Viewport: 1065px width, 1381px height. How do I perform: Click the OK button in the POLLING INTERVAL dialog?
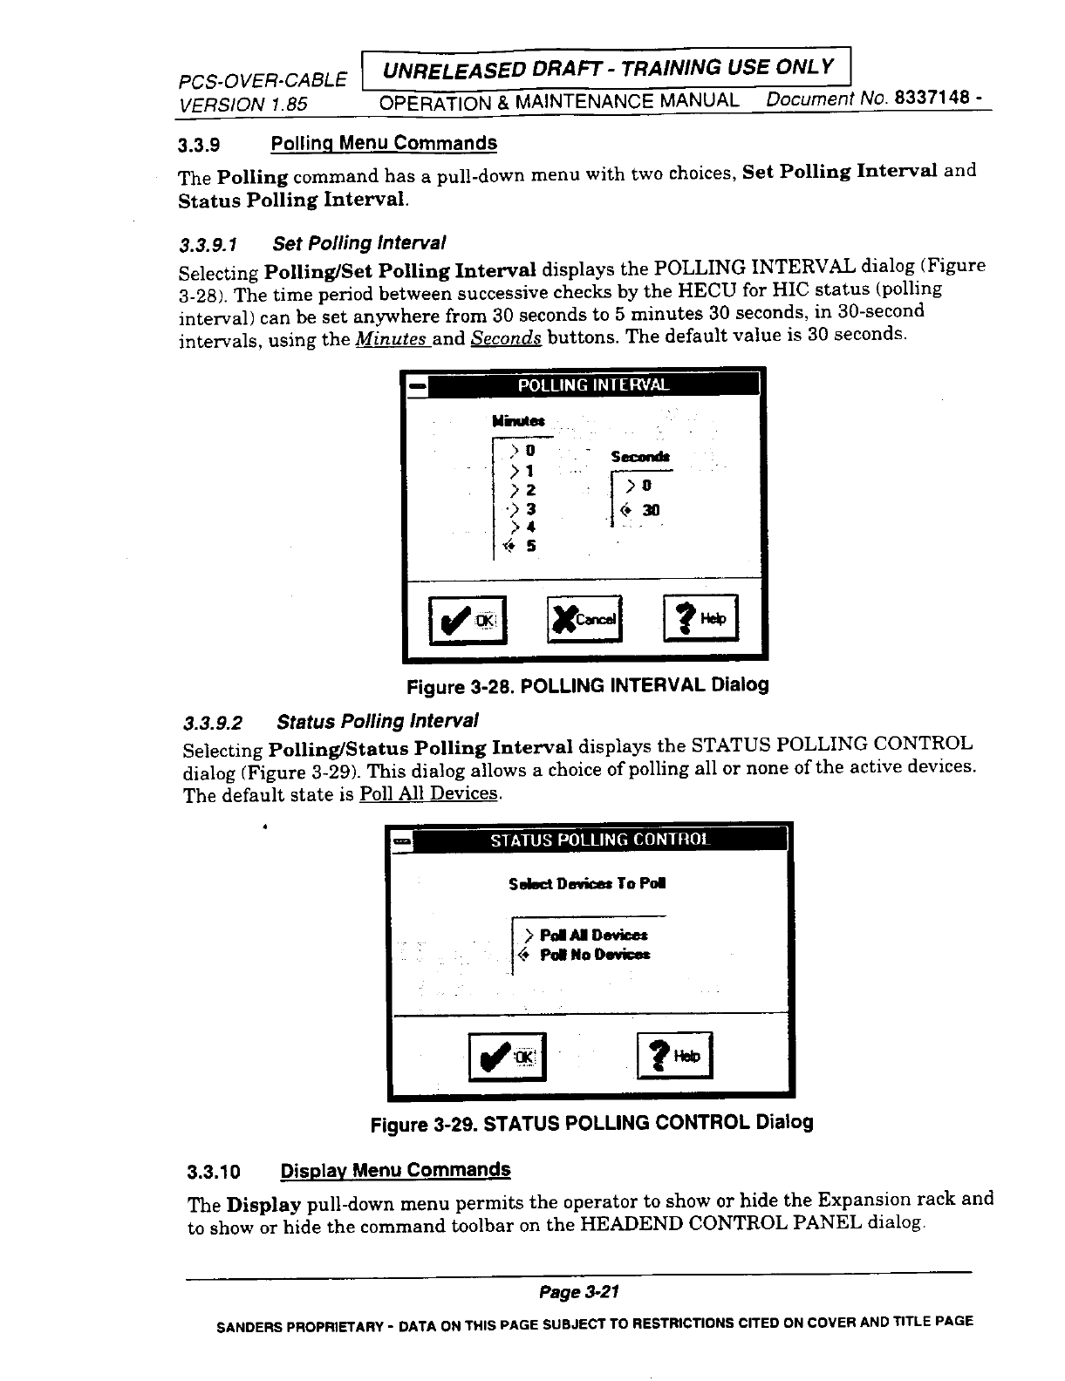[x=468, y=619]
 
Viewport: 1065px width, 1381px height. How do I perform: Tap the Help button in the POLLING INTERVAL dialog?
[x=700, y=618]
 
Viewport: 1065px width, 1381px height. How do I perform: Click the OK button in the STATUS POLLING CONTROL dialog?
[x=507, y=1057]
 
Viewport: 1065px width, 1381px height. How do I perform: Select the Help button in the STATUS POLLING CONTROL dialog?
[x=675, y=1056]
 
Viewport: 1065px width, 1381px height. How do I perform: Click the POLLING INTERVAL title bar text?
[x=594, y=385]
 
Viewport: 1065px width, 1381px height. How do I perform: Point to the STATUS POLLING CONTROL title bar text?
[x=600, y=840]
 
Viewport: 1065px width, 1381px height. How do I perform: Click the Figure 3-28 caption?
[x=588, y=685]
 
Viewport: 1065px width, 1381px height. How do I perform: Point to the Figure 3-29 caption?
[x=591, y=1122]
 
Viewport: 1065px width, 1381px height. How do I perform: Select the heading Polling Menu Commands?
[x=384, y=143]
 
